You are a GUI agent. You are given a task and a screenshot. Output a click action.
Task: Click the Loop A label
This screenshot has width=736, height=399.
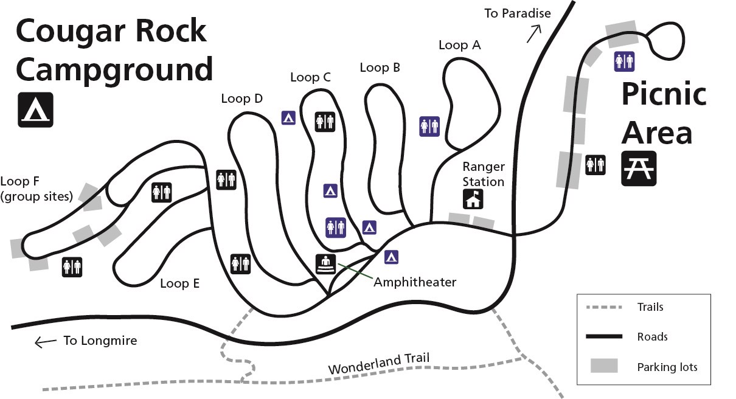point(459,45)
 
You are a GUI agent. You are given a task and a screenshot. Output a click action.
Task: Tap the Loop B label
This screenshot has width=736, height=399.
point(380,68)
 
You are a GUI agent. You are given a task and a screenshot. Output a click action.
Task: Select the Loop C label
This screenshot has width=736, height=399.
point(310,77)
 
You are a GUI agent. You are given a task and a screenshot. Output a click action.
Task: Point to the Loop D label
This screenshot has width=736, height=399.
point(241,99)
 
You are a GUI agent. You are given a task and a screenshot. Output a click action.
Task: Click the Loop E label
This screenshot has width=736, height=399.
point(179,283)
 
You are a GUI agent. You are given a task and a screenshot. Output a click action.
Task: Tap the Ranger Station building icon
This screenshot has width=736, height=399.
point(473,199)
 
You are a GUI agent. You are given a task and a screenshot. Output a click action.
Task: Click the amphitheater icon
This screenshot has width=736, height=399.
point(326,264)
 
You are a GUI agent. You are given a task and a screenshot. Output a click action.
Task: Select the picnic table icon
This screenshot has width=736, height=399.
point(639,168)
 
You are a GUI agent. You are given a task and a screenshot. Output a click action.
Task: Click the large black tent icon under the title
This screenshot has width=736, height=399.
point(35,109)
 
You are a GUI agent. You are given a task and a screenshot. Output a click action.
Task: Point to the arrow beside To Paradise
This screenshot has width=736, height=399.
point(533,33)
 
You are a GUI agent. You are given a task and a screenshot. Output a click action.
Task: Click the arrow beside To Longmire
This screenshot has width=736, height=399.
point(45,342)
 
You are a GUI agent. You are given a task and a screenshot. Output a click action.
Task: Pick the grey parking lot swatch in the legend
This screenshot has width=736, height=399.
point(604,366)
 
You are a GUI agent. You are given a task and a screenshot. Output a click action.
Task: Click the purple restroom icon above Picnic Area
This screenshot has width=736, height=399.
point(624,61)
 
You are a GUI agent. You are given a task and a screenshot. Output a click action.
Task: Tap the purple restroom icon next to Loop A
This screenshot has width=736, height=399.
point(429,127)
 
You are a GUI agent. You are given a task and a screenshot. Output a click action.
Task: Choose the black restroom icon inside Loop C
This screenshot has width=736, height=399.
point(324,121)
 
